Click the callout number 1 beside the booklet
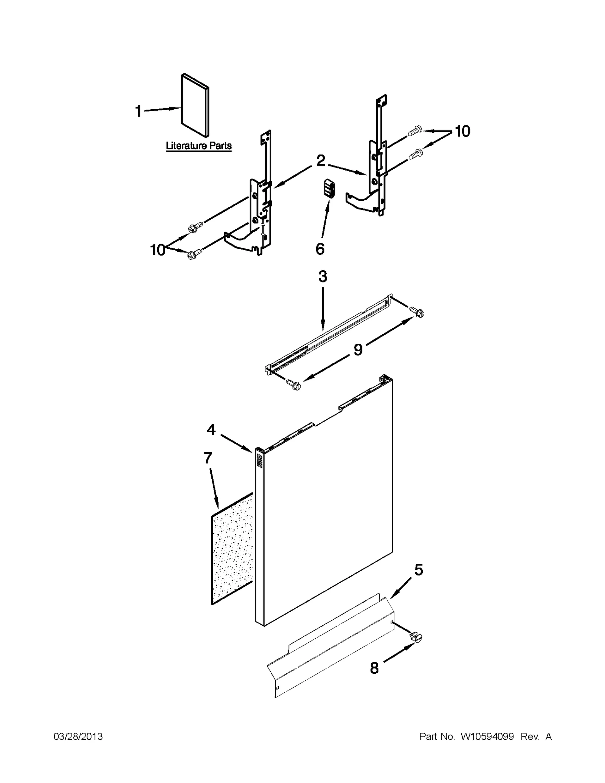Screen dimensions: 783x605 pos(138,112)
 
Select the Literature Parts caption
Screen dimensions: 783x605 pos(199,146)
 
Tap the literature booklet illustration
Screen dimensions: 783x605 pos(195,105)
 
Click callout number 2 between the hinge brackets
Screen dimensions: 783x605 pos(320,161)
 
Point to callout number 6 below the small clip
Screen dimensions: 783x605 pos(320,249)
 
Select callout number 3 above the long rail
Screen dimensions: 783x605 pos(323,276)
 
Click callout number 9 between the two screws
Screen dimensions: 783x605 pos(358,349)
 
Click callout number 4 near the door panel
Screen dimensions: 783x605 pos(211,429)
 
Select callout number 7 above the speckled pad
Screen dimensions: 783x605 pos(208,458)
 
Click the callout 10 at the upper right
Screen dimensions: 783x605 pos(462,131)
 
